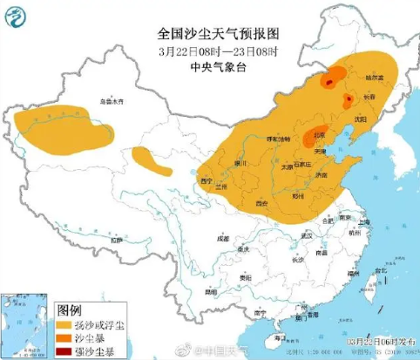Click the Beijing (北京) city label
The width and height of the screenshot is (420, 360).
(320, 135)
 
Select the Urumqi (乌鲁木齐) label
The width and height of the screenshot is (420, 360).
(111, 102)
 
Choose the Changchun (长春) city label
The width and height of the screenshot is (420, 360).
(370, 96)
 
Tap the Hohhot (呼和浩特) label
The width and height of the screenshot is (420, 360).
(277, 139)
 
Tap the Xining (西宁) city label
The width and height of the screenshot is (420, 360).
(207, 180)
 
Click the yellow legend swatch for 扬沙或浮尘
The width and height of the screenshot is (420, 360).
(64, 324)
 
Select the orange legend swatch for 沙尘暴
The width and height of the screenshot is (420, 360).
(64, 337)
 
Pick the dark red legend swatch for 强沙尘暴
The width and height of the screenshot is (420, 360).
(64, 350)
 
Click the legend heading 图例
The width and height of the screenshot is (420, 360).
(70, 309)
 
